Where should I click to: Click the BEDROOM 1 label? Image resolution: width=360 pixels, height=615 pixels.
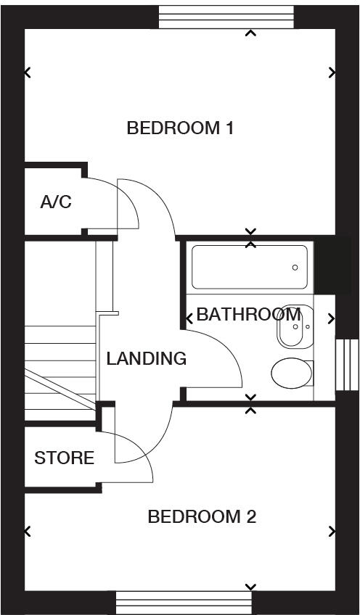pos(179,128)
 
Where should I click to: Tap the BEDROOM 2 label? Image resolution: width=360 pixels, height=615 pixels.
pos(202,517)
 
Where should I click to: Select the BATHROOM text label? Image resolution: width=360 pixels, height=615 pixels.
pos(248,315)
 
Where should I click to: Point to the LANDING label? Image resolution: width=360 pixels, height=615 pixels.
pos(146,358)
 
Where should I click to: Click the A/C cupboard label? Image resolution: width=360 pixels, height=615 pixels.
pos(56,202)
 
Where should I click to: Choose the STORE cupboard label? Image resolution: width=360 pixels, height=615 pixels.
pos(64,458)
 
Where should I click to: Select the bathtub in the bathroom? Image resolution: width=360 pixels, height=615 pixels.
pos(249,268)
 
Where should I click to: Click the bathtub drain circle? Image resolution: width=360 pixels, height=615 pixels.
pos(295,268)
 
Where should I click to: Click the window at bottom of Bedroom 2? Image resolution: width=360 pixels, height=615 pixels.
pos(184,602)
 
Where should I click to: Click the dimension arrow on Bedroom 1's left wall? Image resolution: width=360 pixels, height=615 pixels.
pos(28,73)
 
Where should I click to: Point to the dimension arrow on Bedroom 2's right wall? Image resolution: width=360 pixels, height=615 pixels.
pos(332,532)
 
